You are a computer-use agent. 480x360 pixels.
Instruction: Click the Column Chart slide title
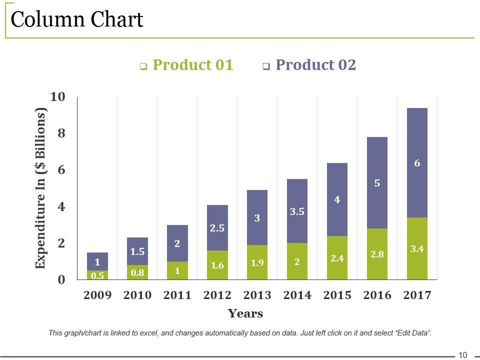77,20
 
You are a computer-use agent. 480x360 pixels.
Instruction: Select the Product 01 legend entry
192,65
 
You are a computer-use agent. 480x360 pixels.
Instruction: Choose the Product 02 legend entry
315,65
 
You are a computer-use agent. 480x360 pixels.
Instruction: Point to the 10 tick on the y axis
58,96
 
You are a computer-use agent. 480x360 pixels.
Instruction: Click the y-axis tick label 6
61,170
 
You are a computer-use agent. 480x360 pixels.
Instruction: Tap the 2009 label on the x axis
97,295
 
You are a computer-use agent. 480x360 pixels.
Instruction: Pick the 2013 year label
257,295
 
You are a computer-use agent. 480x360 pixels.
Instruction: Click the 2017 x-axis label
417,295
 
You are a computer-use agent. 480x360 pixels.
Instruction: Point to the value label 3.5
297,212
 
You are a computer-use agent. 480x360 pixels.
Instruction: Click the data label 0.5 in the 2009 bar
97,275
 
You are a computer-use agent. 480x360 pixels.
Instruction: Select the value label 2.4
337,258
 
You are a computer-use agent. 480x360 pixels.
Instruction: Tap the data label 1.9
257,263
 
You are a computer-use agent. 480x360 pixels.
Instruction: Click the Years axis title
245,314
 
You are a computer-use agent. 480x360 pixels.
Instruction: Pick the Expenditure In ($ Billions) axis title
41,188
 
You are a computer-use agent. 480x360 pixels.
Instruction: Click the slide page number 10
462,355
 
